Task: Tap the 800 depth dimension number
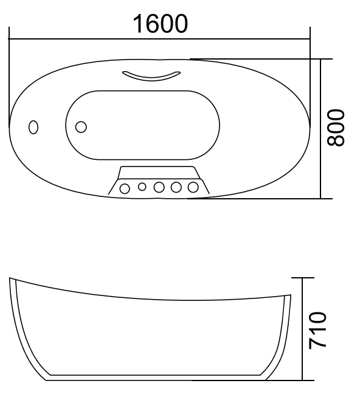[x=336, y=128]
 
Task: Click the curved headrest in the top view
[x=151, y=75]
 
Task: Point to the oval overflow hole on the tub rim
[x=33, y=127]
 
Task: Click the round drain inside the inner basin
[x=80, y=126]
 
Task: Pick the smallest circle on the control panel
[x=142, y=187]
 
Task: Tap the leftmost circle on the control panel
[x=125, y=188]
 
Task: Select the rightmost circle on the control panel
[x=194, y=188]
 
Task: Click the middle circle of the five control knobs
[x=159, y=188]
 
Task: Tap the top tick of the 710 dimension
[x=302, y=278]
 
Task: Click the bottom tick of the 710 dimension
[x=302, y=381]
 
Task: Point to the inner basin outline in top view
[x=142, y=91]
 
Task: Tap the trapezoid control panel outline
[x=159, y=167]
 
